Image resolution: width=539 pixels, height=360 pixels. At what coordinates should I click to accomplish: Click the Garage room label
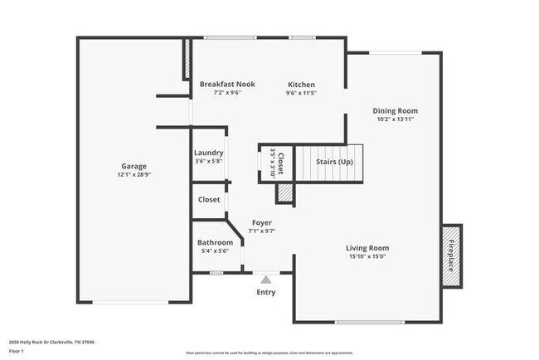click(134, 166)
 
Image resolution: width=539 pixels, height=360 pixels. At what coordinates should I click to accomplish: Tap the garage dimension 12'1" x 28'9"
click(134, 175)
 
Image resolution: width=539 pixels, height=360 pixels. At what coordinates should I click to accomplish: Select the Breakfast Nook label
click(227, 85)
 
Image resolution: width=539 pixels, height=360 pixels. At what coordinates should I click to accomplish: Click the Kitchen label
click(301, 85)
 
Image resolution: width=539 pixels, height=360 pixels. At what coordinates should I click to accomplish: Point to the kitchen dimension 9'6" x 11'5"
click(301, 94)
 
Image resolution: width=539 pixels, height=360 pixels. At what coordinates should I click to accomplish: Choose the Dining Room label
click(395, 110)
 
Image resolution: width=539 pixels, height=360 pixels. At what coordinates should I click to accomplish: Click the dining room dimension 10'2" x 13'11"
click(395, 119)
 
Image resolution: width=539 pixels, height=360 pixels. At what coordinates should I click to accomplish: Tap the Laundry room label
click(208, 153)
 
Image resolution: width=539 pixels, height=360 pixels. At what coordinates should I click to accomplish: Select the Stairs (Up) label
click(335, 161)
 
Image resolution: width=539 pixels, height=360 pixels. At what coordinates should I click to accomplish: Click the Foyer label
click(261, 222)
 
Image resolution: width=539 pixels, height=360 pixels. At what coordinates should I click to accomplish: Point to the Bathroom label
click(215, 242)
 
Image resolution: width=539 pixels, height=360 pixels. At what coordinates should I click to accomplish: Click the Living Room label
click(367, 248)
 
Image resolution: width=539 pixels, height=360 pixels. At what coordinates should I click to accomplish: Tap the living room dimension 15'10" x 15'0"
click(367, 257)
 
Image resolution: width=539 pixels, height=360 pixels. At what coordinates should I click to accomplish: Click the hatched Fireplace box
click(452, 255)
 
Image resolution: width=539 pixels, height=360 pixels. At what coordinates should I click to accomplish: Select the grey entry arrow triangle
click(265, 280)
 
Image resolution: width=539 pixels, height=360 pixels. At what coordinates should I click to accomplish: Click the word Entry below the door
click(265, 292)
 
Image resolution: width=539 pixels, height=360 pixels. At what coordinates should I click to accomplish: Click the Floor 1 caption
click(17, 351)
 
